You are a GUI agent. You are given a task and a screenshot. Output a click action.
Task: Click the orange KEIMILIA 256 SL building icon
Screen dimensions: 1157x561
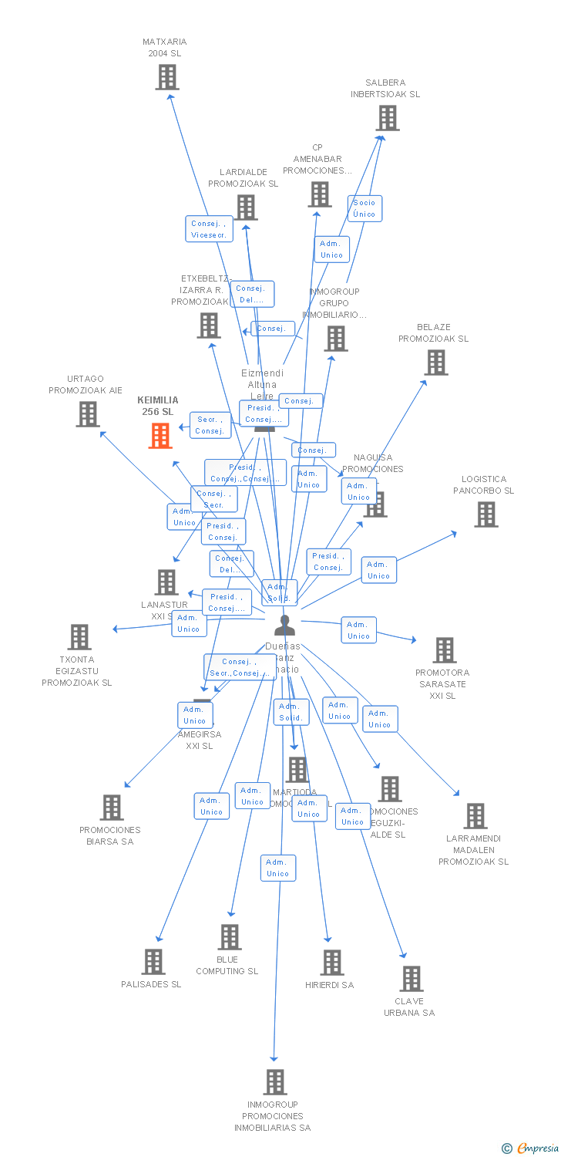(x=160, y=436)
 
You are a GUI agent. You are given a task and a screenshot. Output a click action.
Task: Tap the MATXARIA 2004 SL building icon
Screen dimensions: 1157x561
(x=167, y=77)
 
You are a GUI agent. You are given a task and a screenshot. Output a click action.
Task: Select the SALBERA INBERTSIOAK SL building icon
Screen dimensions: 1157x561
(x=387, y=118)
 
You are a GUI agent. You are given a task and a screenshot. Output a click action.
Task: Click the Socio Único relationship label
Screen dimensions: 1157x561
(x=364, y=208)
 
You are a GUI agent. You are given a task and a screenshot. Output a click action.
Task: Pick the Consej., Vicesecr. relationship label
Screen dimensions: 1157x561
(x=209, y=229)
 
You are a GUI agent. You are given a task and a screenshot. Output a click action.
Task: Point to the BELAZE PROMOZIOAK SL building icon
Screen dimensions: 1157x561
(x=435, y=363)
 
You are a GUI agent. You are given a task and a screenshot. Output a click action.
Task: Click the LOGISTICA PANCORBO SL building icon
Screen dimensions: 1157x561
(x=485, y=514)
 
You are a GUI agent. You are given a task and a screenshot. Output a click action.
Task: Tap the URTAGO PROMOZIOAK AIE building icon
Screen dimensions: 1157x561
(x=88, y=414)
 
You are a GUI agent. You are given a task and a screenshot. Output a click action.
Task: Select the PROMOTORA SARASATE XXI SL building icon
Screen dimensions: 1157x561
(x=445, y=650)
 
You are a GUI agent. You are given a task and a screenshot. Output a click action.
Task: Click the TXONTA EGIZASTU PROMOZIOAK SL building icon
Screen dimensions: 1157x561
(x=79, y=637)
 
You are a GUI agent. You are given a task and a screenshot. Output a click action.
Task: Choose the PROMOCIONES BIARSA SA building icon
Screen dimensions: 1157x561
(x=112, y=808)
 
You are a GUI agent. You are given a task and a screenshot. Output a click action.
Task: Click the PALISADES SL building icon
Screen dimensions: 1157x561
(x=153, y=962)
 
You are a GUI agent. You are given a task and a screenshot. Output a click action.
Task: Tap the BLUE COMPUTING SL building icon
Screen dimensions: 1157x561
(x=230, y=937)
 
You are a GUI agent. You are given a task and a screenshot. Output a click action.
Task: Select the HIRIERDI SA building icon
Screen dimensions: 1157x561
(x=332, y=963)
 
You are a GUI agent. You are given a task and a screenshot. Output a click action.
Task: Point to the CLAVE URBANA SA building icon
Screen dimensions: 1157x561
(x=412, y=979)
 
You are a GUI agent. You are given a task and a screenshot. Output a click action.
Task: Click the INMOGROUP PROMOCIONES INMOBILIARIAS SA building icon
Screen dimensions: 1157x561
(x=275, y=1082)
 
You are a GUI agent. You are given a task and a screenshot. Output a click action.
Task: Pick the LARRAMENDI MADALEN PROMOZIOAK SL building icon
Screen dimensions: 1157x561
(x=475, y=816)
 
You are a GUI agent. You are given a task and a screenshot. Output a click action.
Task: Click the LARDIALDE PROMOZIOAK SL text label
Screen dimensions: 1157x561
(x=243, y=178)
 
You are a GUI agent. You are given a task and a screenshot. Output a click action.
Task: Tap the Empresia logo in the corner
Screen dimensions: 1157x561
(x=529, y=1149)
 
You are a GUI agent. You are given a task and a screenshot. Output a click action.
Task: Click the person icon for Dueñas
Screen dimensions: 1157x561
(x=284, y=626)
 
